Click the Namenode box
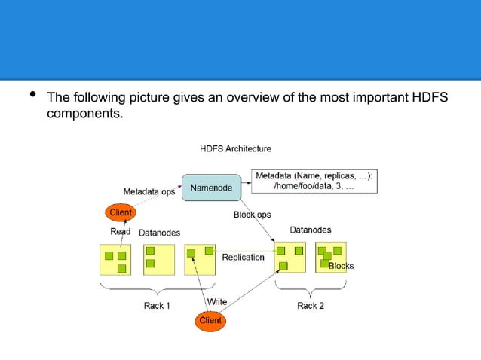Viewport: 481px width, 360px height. [x=211, y=187]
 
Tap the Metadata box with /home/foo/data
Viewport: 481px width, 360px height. [x=315, y=181]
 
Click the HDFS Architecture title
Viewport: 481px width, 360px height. [x=235, y=148]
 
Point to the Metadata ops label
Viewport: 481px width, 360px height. [x=149, y=191]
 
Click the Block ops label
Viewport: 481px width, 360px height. [x=252, y=215]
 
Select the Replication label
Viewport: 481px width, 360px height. [x=243, y=257]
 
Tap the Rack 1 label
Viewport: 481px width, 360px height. [x=157, y=305]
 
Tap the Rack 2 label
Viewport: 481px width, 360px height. [x=311, y=305]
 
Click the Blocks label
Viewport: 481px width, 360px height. [x=341, y=266]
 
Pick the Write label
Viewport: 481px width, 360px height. [x=217, y=301]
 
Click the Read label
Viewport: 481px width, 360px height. [x=121, y=232]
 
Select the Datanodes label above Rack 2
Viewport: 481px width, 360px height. [x=310, y=230]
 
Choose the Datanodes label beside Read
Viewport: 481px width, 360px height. [x=159, y=233]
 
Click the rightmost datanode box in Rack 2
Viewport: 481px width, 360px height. [x=330, y=257]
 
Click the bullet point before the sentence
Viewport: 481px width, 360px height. [x=31, y=96]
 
